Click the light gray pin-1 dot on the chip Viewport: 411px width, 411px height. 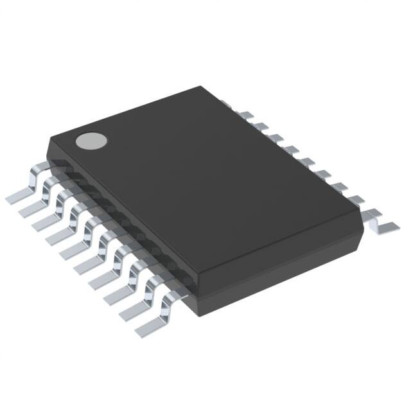90,141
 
